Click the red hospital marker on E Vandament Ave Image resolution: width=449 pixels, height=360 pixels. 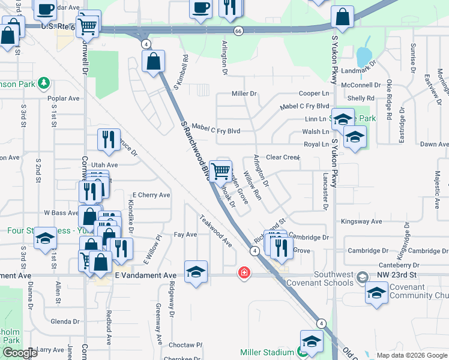[x=244, y=273]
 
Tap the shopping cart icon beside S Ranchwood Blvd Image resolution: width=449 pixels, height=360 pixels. [x=221, y=171]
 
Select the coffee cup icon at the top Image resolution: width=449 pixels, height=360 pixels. [x=200, y=8]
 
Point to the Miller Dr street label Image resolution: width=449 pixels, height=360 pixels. [x=244, y=94]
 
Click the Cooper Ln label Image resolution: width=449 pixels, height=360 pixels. [x=314, y=94]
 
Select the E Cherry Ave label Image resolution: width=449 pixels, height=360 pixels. [x=151, y=195]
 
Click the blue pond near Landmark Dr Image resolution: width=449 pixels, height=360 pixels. [x=363, y=58]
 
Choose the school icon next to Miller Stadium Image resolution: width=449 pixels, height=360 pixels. [x=312, y=342]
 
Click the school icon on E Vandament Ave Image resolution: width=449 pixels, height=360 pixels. [x=196, y=273]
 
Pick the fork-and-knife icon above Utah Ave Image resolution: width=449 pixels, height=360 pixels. [x=109, y=140]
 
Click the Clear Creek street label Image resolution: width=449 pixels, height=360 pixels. [x=283, y=157]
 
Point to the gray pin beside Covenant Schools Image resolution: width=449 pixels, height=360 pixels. [x=363, y=277]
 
